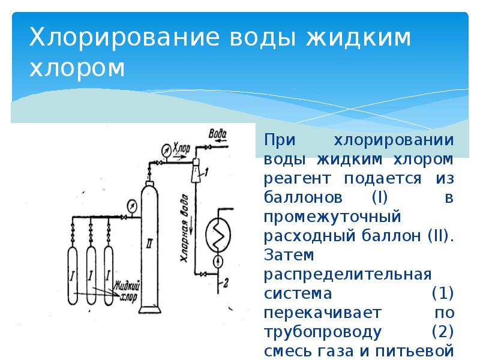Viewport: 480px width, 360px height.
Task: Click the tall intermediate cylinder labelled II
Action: click(x=147, y=246)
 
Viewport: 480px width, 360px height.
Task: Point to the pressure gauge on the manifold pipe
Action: click(x=131, y=205)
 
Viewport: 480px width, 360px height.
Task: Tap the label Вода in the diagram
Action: click(x=217, y=132)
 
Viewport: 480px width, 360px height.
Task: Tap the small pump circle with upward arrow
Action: click(x=217, y=261)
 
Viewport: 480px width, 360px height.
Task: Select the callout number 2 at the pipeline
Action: click(x=226, y=282)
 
